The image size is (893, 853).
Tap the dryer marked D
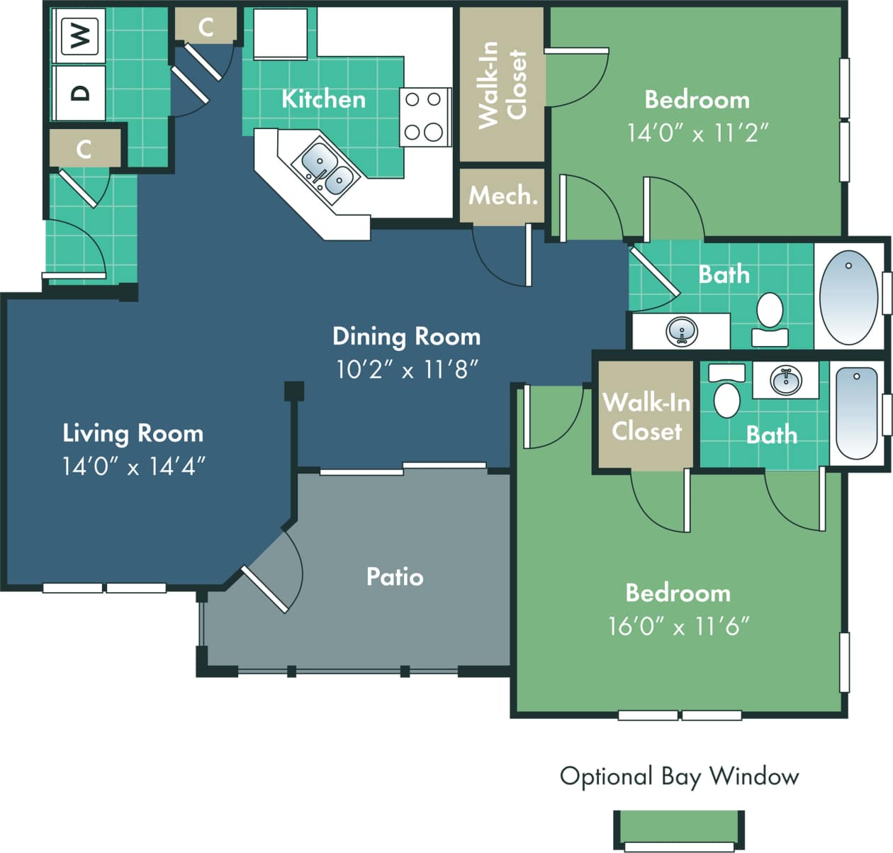click(x=80, y=93)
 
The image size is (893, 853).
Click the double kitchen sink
click(x=327, y=169)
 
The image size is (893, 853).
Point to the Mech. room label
click(x=503, y=195)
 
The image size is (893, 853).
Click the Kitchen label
click(x=323, y=99)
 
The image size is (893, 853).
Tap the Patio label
click(x=395, y=576)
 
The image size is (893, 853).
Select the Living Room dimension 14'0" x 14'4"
click(x=133, y=466)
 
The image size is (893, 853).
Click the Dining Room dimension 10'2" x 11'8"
click(x=407, y=369)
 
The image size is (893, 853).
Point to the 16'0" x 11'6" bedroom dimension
click(x=678, y=626)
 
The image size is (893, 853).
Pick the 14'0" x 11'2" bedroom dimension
click(x=697, y=133)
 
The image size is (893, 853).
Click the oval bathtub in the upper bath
click(x=848, y=296)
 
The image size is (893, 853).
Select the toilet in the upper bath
click(x=770, y=318)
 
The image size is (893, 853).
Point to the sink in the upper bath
click(x=682, y=331)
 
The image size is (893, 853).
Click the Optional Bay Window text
click(x=679, y=776)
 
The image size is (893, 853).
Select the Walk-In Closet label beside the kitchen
click(x=502, y=85)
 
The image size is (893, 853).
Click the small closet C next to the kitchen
click(x=206, y=27)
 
